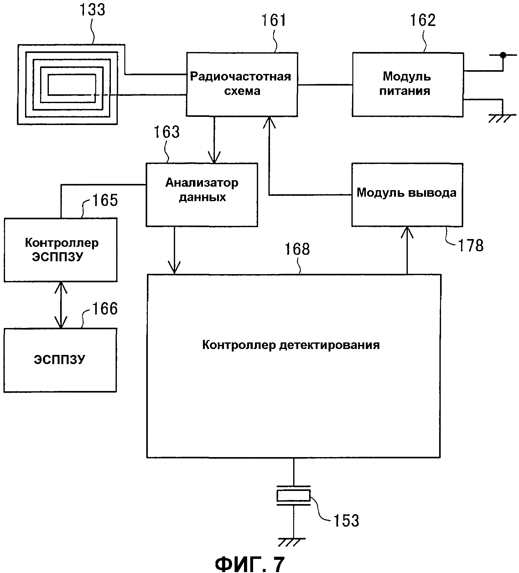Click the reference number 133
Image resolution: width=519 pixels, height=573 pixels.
pos(92,10)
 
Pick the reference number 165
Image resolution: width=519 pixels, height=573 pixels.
pos(105,200)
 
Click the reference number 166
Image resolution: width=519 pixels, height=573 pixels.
pos(105,309)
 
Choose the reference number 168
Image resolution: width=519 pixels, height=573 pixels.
pos(297,249)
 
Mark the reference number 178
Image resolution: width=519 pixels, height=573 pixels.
pos(471,245)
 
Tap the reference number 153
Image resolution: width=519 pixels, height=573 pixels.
pos(346,521)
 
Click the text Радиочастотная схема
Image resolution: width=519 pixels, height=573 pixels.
pos(241,84)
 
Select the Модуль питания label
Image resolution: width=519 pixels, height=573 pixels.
pos(406,84)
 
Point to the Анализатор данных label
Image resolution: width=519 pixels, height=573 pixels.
pos(202,190)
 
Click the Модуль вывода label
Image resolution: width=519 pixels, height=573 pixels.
pos(406,193)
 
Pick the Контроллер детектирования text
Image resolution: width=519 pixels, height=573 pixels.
pos(291,345)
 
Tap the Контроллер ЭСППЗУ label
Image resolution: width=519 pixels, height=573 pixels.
pos(61,250)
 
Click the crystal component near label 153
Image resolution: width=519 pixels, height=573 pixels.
pos(293,496)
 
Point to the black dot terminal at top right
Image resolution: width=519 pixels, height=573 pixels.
pos(503,55)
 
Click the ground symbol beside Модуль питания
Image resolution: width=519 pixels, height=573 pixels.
pos(502,118)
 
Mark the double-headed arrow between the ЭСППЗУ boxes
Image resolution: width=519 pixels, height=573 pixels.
pos(61,305)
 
